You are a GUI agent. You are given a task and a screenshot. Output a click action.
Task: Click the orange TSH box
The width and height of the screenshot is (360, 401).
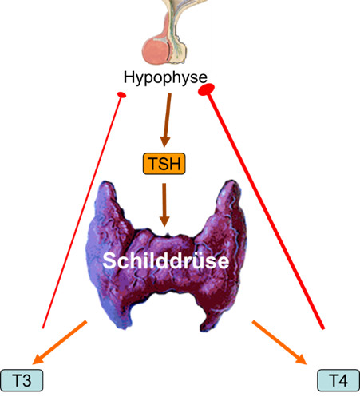(x=164, y=164)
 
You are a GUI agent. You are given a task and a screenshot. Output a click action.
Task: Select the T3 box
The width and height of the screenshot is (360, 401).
(x=22, y=380)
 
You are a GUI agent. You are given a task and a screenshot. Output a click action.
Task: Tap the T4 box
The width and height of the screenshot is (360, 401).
(x=338, y=380)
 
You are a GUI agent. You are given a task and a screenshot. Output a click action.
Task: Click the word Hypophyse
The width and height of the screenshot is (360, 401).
(x=165, y=77)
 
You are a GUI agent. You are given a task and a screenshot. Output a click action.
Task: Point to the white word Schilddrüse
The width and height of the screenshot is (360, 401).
(x=166, y=260)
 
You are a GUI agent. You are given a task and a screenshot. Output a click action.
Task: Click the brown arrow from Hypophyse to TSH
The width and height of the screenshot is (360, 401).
(x=167, y=120)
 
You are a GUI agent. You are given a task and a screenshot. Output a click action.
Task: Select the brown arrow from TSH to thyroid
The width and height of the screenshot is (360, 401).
(x=164, y=204)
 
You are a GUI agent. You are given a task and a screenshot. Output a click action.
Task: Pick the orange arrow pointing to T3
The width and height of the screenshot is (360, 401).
(x=60, y=342)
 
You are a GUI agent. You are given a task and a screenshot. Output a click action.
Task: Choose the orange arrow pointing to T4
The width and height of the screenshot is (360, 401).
(x=279, y=342)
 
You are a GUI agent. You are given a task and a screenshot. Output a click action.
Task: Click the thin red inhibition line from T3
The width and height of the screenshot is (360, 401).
(x=82, y=212)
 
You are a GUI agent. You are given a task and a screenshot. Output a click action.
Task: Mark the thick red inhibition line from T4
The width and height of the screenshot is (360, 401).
(x=266, y=210)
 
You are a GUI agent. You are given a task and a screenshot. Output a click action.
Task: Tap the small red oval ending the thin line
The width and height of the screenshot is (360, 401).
(x=121, y=94)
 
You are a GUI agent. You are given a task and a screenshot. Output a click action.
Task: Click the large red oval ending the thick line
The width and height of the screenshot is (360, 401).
(x=207, y=89)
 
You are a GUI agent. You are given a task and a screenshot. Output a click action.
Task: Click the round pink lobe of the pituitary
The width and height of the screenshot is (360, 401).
(x=156, y=50)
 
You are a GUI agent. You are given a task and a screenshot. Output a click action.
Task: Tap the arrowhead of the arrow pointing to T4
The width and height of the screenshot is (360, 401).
(x=301, y=359)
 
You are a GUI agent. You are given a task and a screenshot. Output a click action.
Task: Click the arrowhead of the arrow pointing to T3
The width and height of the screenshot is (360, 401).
(x=38, y=359)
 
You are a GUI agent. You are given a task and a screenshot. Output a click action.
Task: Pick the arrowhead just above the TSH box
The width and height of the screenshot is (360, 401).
(x=165, y=141)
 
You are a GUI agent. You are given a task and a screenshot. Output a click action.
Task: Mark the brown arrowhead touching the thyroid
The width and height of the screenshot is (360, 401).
(x=164, y=221)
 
